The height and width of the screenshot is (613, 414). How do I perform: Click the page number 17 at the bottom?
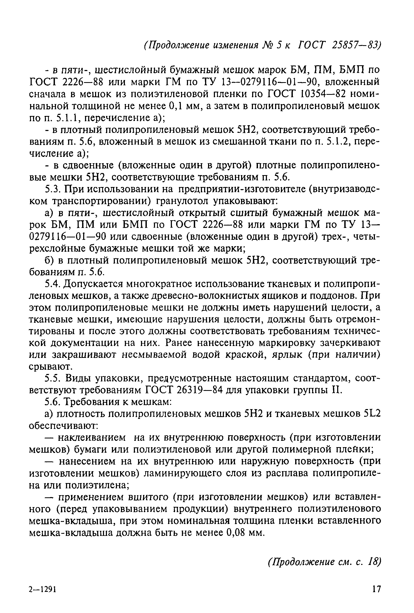pos(377,595)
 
